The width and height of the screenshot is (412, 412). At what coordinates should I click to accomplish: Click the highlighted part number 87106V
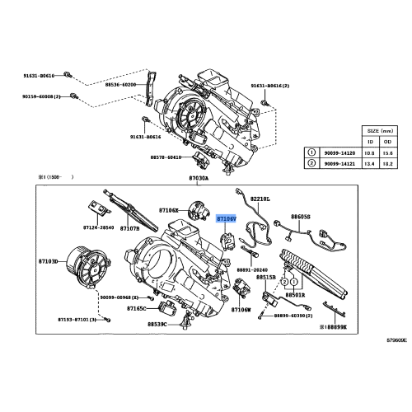[x=226, y=219]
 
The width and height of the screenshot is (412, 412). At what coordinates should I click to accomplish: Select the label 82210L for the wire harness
[x=260, y=199]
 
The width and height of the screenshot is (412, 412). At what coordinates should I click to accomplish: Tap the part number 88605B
[x=300, y=217]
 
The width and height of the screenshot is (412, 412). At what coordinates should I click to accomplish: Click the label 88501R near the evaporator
[x=295, y=294]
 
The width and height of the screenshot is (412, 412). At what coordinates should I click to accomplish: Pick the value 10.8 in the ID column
[x=369, y=152]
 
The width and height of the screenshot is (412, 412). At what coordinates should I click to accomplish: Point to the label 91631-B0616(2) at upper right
[x=271, y=85]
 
